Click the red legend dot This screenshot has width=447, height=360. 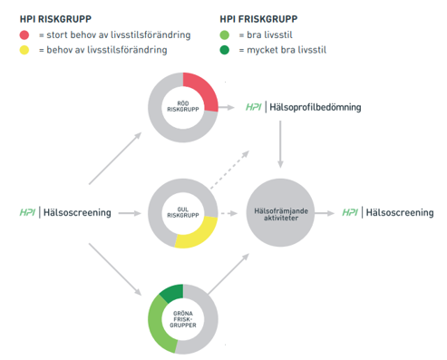(x=24, y=35)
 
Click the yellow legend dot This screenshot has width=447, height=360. (x=24, y=50)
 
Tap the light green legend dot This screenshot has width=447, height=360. (x=225, y=35)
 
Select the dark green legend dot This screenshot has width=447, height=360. (x=225, y=50)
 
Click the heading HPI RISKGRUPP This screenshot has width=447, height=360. (x=55, y=19)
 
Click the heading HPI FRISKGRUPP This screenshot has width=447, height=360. (x=258, y=19)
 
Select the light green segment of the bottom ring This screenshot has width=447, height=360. (x=158, y=325)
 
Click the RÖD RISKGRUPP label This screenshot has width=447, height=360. (x=183, y=106)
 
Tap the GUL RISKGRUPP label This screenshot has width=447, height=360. (x=183, y=212)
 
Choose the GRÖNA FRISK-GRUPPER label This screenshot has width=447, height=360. (x=183, y=319)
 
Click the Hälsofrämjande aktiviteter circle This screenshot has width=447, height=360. (x=280, y=212)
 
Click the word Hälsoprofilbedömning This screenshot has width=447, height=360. (x=316, y=107)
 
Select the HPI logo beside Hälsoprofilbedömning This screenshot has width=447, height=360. (x=253, y=107)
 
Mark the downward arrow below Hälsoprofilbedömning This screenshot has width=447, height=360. (x=280, y=144)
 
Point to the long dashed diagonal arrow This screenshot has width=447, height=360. (x=229, y=170)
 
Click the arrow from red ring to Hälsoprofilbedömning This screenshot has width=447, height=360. (x=227, y=107)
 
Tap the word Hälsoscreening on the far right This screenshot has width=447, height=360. (x=400, y=212)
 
